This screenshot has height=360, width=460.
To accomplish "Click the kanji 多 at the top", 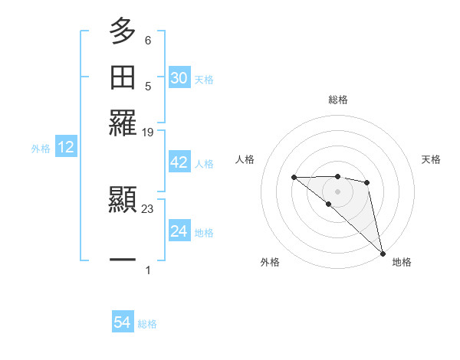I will tap(123, 31).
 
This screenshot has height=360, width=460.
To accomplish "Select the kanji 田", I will tap(123, 77).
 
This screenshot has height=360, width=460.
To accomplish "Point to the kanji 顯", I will tap(123, 201).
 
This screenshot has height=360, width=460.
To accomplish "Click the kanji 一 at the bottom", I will tap(123, 260).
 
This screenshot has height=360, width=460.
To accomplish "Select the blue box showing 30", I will tap(179, 78).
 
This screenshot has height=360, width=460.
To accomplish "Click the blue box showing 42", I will tap(179, 163).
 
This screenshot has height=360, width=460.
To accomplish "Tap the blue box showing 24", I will tap(179, 231).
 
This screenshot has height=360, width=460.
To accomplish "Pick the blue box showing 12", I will tap(66, 148).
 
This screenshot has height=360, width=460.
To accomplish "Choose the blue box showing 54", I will tap(123, 323).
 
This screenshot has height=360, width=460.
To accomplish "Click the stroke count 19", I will tap(148, 133).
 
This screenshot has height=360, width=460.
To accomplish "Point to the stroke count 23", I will tap(148, 208).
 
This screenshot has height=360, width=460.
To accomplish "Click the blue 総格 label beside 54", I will tap(147, 324).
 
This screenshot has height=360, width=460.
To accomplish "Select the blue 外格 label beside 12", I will tap(41, 149).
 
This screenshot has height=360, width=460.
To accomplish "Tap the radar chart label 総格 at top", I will tap(337, 100).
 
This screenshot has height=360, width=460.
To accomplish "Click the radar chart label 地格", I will tap(402, 262).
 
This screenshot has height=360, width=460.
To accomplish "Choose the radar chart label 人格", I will tap(245, 159).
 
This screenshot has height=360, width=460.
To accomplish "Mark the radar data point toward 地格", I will tap(383, 253).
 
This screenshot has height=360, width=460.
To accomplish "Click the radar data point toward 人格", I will tap(294, 178).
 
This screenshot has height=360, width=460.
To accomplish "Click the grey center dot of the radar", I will tap(337, 191).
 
